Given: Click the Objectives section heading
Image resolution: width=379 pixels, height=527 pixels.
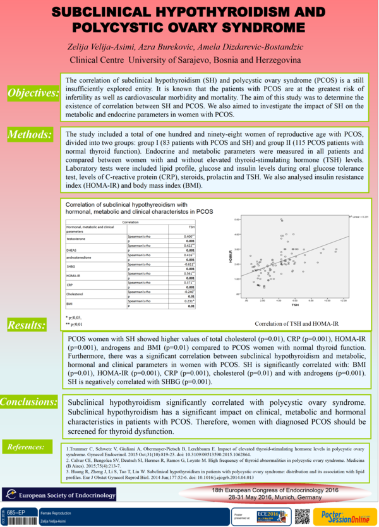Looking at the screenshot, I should coord(33,94).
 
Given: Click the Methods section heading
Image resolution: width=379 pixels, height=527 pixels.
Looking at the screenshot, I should coord(29,134).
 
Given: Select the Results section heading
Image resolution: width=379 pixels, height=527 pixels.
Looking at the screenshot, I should coord(27,325).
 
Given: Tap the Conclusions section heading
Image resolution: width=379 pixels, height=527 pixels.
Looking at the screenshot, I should coord(29,402).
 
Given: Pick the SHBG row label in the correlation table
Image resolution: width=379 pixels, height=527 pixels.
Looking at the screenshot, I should coord(73,267).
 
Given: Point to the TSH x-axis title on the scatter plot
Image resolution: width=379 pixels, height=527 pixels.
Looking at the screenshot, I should coord(294,305).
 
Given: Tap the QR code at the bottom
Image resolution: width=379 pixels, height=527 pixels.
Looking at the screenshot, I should coord(302,516).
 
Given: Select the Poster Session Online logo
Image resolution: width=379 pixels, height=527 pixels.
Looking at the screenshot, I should coord(345,515).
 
